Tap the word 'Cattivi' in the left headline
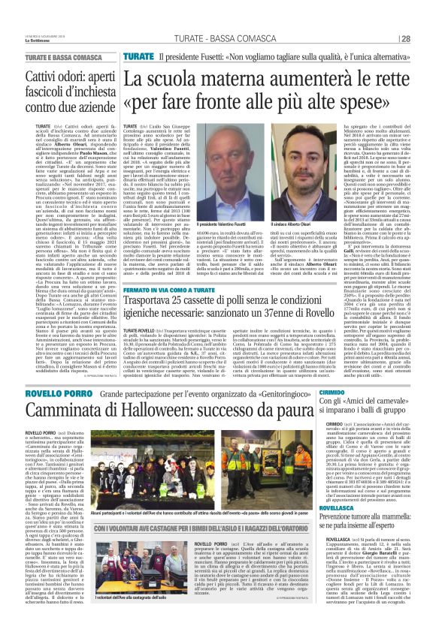[x=45, y=77]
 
